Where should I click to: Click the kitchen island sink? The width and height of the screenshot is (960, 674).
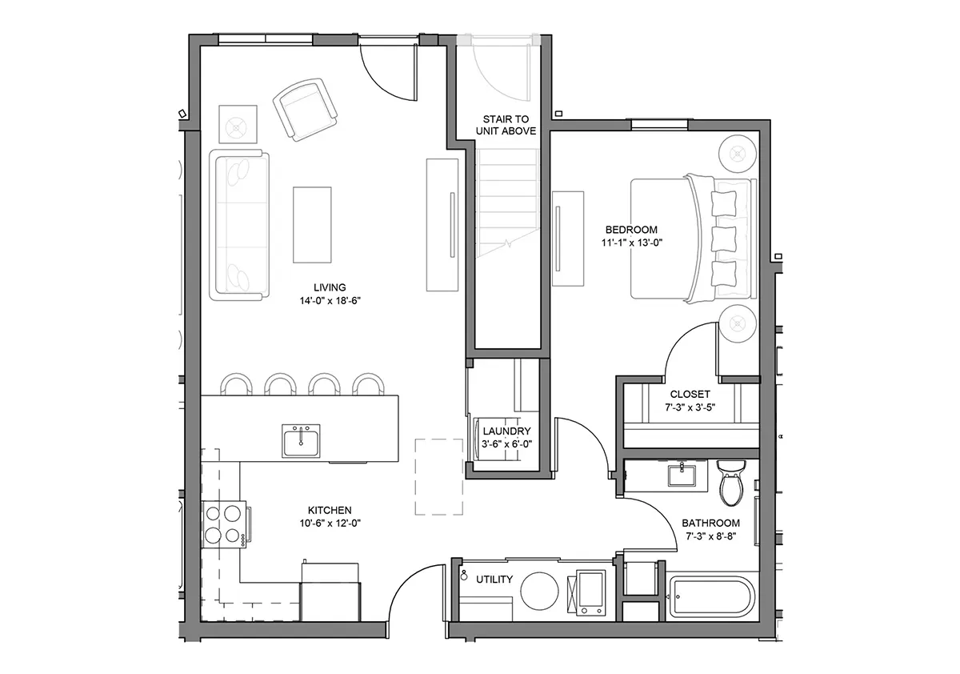(301, 441)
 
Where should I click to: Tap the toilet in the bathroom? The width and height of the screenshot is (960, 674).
(731, 483)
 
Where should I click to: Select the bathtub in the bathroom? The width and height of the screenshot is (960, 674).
(711, 596)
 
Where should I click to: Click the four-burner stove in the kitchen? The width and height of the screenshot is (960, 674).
(224, 524)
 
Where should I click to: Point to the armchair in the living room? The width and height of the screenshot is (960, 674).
(305, 110)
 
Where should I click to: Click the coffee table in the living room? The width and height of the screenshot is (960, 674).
(312, 225)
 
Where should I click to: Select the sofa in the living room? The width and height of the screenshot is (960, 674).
(238, 225)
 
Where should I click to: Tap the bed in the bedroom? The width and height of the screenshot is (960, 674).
(693, 239)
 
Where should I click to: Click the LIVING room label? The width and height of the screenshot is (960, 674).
(330, 287)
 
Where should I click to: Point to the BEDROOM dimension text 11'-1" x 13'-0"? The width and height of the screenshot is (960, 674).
(632, 243)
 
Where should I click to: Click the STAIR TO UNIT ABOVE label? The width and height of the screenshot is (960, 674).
(506, 125)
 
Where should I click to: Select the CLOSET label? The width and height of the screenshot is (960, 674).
(690, 394)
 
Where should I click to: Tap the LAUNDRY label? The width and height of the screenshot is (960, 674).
(506, 431)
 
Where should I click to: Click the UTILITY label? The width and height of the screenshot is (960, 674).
(494, 580)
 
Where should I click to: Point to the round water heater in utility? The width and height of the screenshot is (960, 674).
(539, 591)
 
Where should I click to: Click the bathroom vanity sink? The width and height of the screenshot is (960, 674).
(682, 474)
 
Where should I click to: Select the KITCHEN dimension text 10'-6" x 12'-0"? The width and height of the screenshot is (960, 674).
(330, 523)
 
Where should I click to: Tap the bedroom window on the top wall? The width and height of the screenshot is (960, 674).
(659, 125)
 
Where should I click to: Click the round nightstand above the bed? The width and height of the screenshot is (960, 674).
(737, 154)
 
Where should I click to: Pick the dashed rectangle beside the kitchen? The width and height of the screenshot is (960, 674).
(439, 476)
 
